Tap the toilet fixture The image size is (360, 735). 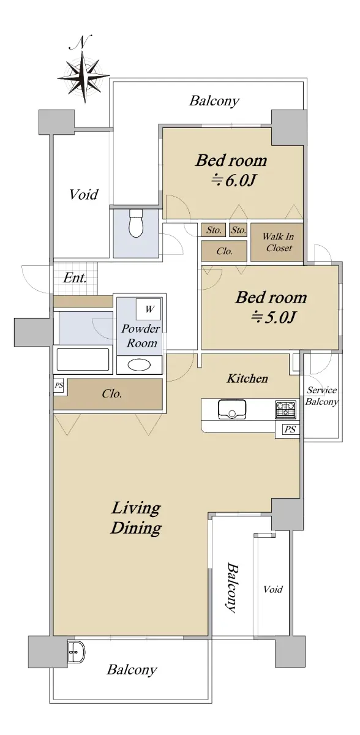coord(135,223)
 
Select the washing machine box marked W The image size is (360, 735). coord(149,309)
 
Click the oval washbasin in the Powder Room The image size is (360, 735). coord(140,364)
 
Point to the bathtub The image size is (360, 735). coord(83,360)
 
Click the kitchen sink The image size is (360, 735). coord(232,409)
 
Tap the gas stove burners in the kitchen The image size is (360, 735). coord(285,410)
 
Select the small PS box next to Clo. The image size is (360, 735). coord(59,385)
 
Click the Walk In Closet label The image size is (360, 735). coord(279,242)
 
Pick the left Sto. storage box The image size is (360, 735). coord(214,230)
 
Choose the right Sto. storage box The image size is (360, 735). coord(238,230)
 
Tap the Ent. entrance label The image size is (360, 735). coord(75,278)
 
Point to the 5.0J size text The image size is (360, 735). coord(273,317)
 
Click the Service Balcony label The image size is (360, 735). coord(321,396)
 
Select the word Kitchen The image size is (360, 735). coord(247,379)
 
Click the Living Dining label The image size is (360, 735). coord(136,518)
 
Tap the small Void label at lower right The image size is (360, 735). coord(273,589)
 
